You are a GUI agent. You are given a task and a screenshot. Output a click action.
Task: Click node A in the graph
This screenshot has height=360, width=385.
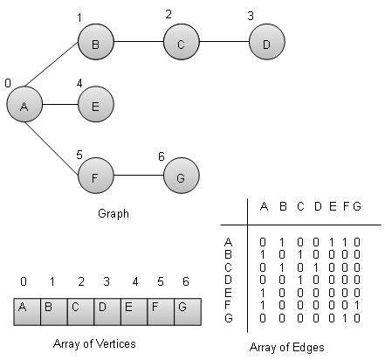(24, 106)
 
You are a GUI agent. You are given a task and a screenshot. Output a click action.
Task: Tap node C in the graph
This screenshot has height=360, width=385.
(180, 41)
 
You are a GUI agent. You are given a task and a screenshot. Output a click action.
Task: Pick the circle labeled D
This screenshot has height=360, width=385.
(265, 41)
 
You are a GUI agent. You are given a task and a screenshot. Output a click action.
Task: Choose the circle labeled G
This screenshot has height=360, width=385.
(180, 177)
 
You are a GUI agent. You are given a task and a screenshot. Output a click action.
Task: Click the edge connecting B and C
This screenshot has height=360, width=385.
(137, 41)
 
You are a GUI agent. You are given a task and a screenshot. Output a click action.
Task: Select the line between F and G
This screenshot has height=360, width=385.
(137, 177)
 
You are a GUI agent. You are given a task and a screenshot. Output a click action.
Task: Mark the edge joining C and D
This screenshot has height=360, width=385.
(223, 41)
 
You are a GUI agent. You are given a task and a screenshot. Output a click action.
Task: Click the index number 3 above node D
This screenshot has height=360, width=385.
(251, 16)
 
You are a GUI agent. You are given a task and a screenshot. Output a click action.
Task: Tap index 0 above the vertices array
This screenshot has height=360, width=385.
(24, 281)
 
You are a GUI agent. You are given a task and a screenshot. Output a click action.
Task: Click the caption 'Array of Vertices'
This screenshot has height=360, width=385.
(101, 344)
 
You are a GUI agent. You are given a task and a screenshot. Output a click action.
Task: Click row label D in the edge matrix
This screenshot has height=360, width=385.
(229, 272)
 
